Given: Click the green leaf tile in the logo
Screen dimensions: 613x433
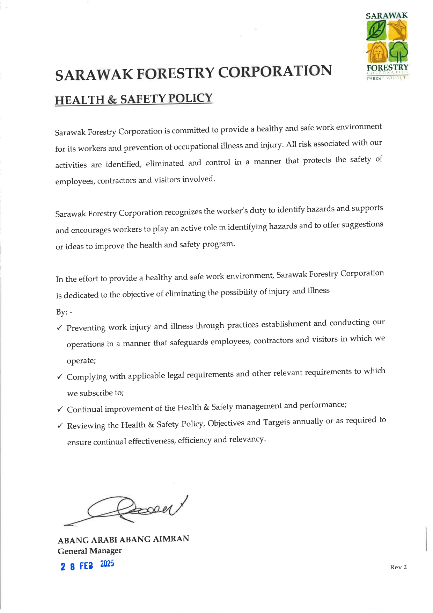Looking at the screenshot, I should [x=376, y=30].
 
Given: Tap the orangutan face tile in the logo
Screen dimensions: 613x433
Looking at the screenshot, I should [x=376, y=52].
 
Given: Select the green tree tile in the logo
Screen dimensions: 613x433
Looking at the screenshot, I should [x=398, y=52].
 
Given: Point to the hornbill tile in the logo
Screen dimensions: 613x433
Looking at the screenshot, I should [x=398, y=30].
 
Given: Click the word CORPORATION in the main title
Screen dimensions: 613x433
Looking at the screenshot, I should [x=275, y=71].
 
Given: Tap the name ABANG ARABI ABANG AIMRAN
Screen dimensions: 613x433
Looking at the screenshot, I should [x=123, y=540].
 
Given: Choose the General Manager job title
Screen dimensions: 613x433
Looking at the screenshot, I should [x=90, y=551].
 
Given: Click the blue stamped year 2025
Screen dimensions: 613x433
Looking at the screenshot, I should [x=107, y=564].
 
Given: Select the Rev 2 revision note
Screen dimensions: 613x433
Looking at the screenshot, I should [x=398, y=567].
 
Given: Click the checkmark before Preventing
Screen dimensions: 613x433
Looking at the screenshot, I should [x=60, y=328].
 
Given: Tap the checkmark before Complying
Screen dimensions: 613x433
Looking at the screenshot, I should [x=60, y=377].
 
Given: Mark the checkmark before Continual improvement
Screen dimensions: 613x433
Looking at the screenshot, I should [x=60, y=409].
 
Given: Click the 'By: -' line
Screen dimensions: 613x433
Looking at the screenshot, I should [x=64, y=312].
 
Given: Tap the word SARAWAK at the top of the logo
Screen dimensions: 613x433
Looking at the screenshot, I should [x=387, y=16].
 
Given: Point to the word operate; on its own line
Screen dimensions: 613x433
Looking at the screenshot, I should [x=81, y=361].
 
